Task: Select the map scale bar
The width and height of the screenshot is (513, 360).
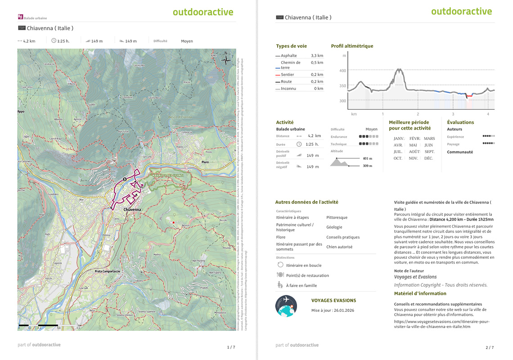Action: tap(38, 325)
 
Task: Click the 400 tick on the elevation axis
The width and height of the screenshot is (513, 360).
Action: tap(343, 71)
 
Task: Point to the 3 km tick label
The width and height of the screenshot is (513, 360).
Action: tap(453, 114)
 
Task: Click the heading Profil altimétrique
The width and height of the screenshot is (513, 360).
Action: tap(352, 46)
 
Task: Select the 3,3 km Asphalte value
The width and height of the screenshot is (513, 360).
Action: tap(317, 55)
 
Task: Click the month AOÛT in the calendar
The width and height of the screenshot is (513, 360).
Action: tap(414, 152)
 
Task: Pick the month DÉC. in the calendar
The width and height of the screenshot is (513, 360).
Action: tap(428, 158)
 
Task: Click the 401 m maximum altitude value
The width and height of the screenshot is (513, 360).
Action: tap(368, 158)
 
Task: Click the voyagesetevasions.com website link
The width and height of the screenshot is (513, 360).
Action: tap(441, 324)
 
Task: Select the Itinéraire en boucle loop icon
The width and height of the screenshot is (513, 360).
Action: tap(280, 265)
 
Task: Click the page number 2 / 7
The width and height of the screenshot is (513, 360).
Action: tap(490, 347)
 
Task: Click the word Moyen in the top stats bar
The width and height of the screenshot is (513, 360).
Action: tap(187, 41)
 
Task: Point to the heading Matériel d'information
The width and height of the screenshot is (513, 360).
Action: tap(420, 293)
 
